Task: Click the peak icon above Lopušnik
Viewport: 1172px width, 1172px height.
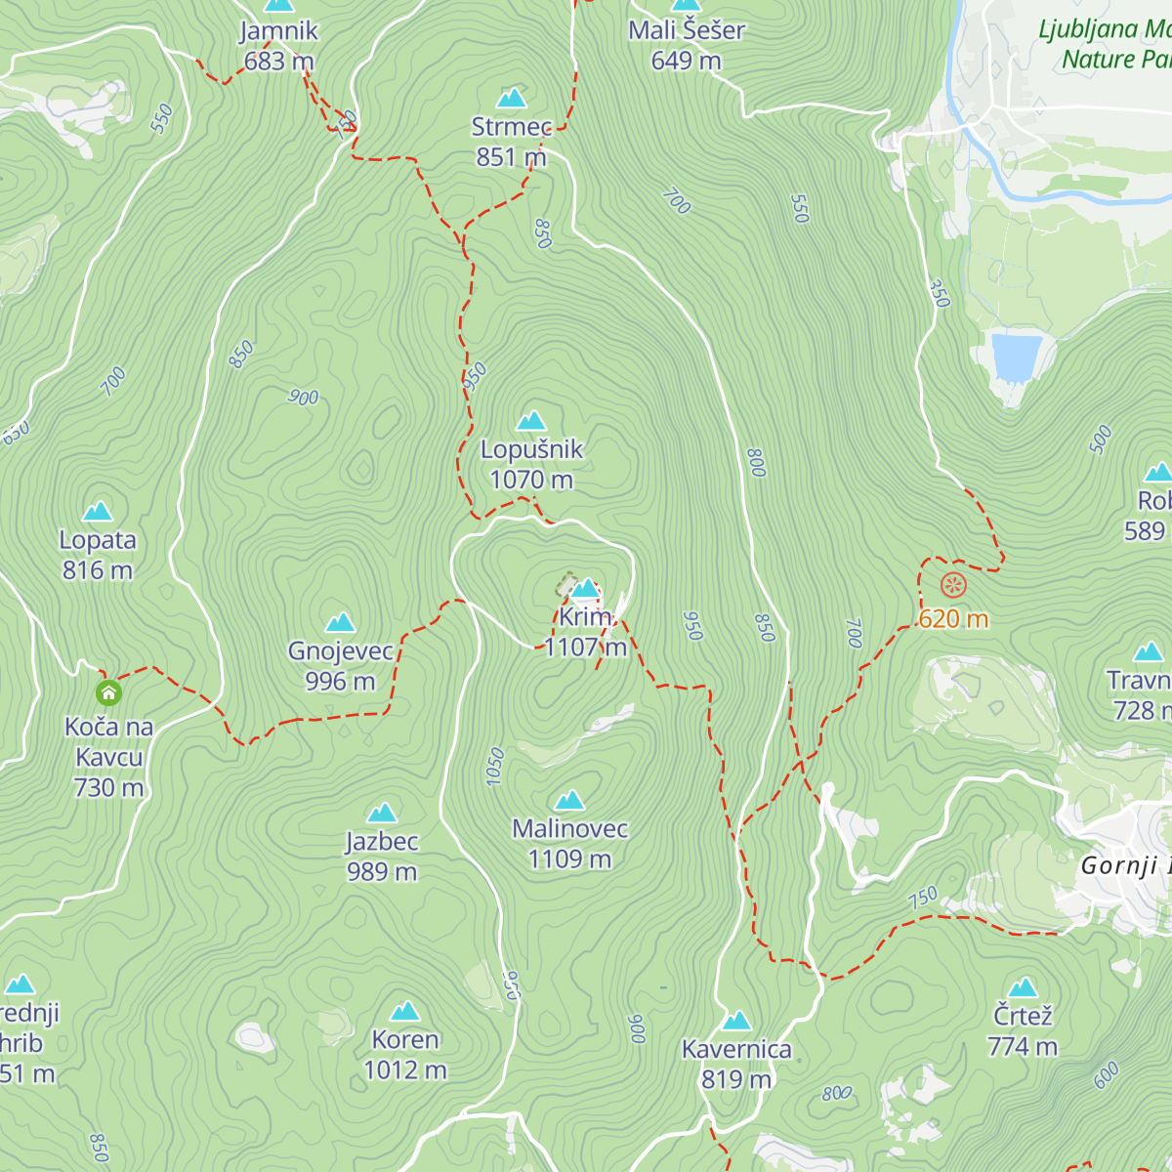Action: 531,421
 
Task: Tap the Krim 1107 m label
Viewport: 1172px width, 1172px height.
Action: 586,632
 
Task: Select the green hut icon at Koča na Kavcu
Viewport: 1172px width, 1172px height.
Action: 108,693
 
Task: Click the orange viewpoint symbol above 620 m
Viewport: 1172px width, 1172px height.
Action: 953,586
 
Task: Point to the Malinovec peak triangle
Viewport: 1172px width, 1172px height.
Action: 569,801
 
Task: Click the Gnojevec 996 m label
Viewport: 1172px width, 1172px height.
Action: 340,665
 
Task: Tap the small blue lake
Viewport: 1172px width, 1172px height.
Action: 1016,357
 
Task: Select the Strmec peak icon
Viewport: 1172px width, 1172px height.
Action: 512,98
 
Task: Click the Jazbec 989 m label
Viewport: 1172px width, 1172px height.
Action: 382,856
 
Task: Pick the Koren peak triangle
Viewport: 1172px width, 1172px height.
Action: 405,1011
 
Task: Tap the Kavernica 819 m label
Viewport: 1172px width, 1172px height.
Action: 736,1064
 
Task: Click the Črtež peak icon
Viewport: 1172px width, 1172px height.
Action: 1023,987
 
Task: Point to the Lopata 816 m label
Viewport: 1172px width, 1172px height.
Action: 98,555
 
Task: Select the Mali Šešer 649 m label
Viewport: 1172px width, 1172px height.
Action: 687,45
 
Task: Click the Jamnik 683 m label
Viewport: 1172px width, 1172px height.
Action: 278,45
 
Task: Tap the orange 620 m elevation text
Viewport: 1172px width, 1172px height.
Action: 953,619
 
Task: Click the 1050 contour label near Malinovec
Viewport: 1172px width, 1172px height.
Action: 495,766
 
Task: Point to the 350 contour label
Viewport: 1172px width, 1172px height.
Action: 939,293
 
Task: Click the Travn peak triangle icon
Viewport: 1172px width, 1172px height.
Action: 1149,651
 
